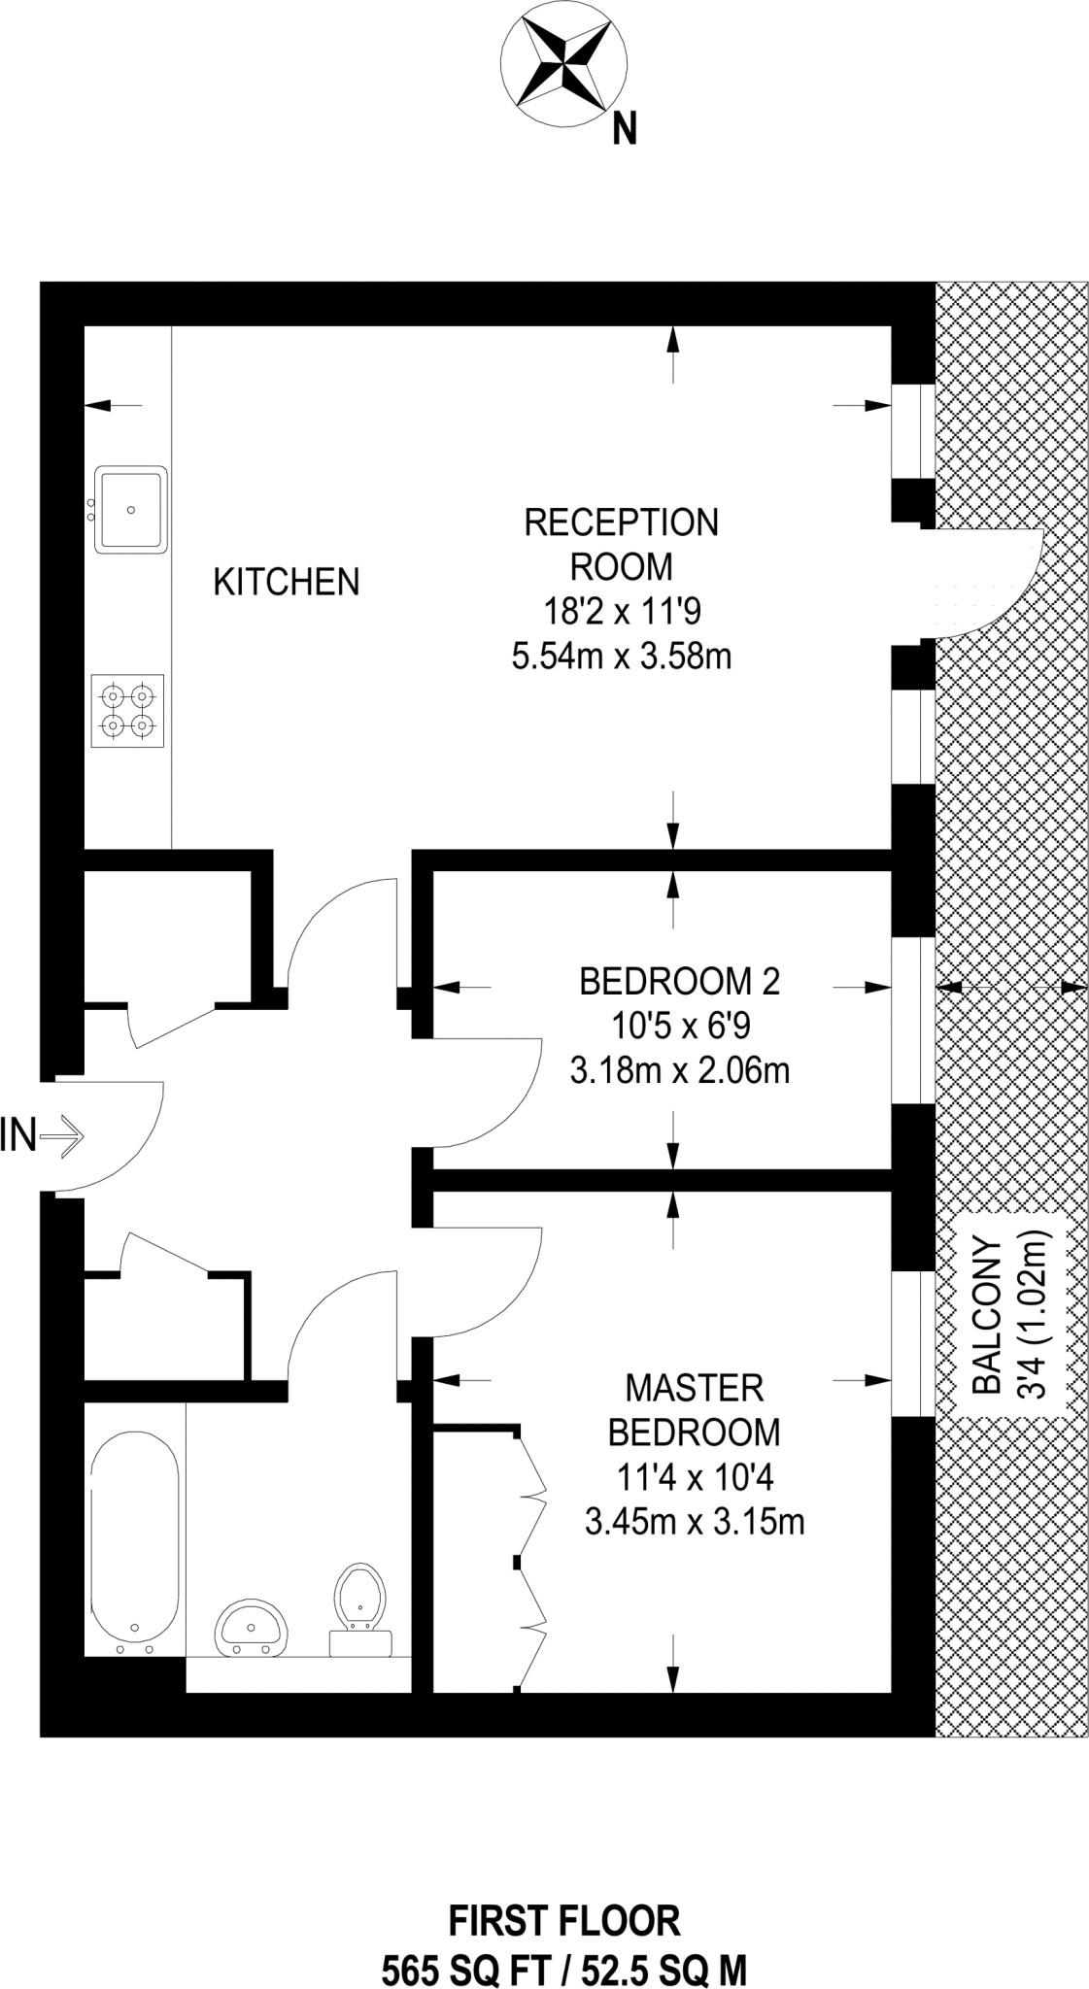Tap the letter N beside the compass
[x=624, y=129]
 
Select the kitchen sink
[x=130, y=509]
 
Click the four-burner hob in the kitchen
[x=128, y=711]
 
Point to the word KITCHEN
[x=286, y=582]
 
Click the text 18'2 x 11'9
[x=621, y=612]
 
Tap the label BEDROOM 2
[x=679, y=981]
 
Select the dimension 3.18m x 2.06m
[x=679, y=1071]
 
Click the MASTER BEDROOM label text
[x=694, y=1410]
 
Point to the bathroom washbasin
[x=252, y=1628]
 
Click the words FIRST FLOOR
[x=563, y=1921]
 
